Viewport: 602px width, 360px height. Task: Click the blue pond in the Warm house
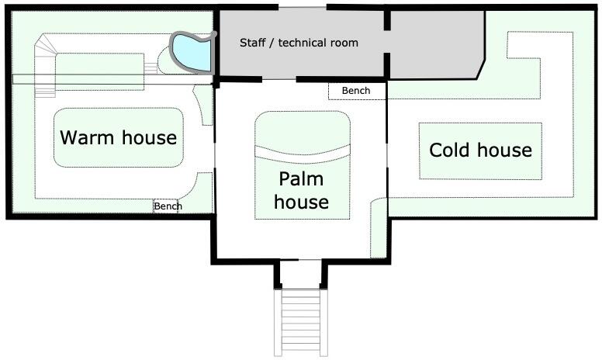click(192, 52)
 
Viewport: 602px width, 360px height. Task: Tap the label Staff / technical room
click(299, 43)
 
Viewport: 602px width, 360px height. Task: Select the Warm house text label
click(118, 137)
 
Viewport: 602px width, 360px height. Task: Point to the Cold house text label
click(480, 150)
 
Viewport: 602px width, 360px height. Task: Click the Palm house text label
click(301, 190)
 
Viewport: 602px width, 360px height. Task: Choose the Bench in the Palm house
click(357, 91)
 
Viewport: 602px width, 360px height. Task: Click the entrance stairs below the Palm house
click(301, 323)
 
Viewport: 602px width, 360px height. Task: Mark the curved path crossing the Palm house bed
click(303, 154)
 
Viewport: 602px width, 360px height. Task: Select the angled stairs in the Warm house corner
click(45, 65)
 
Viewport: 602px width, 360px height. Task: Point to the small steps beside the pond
click(150, 68)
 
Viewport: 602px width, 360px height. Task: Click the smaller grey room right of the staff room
click(437, 44)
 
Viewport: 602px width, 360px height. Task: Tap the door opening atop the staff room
click(303, 7)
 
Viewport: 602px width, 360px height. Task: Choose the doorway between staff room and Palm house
click(279, 79)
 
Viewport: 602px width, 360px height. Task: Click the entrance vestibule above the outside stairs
click(301, 274)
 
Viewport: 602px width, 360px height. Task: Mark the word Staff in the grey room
click(253, 43)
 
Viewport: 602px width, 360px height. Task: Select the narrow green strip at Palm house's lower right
click(378, 227)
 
